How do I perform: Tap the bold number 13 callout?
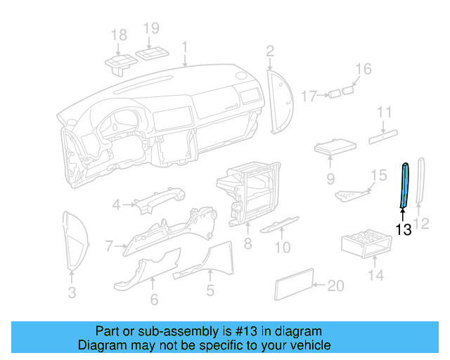tap(404, 230)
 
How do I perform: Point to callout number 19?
tap(152, 28)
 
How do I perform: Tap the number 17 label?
tap(310, 95)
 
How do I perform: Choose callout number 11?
tap(384, 112)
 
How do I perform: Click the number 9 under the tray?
tap(330, 179)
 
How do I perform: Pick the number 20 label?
tap(337, 285)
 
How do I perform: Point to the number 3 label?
tap(72, 292)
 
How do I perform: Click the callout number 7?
tap(110, 246)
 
